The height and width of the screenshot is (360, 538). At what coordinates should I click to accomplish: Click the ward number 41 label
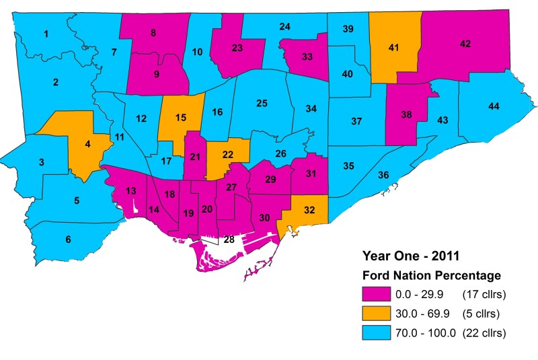coord(394,48)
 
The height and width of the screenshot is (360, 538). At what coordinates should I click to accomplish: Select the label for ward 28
coord(229,240)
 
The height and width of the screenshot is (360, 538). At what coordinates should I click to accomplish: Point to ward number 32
coord(309,209)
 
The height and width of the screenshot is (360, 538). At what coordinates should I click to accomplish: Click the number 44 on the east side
coord(494,107)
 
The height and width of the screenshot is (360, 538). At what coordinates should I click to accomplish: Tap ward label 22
coord(228,155)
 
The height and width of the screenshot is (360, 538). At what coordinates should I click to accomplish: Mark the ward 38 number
coord(406,114)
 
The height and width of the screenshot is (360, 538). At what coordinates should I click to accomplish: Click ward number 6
coord(68,240)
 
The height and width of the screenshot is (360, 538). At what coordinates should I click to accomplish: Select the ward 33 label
coord(307,57)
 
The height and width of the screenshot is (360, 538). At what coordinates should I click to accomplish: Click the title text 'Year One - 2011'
coord(407,256)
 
